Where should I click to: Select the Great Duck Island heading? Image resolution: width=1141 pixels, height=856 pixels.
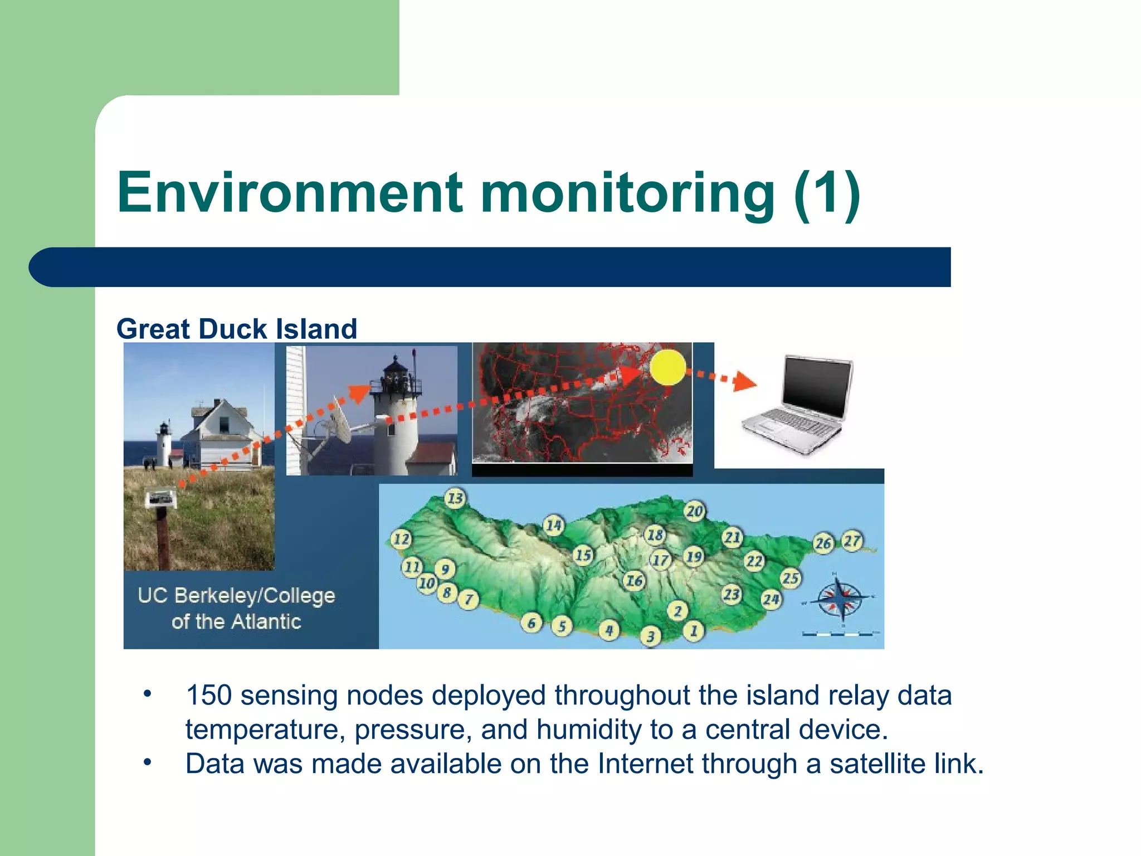[x=237, y=329]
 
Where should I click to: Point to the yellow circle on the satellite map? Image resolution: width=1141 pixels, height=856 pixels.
[x=667, y=367]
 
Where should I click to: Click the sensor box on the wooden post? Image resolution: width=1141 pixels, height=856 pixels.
[x=161, y=498]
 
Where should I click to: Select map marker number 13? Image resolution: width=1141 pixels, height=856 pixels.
[x=455, y=498]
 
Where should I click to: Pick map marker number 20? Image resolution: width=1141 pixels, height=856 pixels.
[x=694, y=511]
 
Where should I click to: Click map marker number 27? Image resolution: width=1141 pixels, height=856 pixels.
[x=852, y=541]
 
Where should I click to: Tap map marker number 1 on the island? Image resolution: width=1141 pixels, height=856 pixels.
[x=694, y=631]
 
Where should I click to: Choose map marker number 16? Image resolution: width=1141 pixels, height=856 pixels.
[x=634, y=581]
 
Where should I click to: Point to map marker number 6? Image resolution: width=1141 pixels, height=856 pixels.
[x=532, y=623]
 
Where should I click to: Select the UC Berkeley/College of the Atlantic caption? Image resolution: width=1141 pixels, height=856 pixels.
[x=236, y=608]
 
